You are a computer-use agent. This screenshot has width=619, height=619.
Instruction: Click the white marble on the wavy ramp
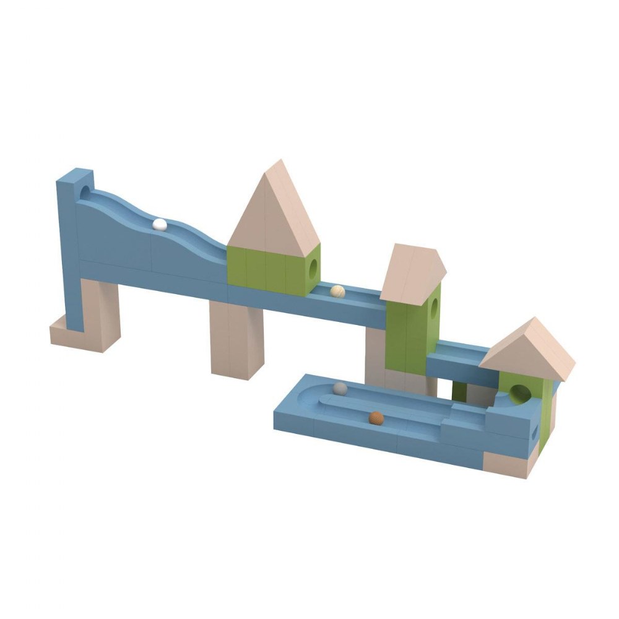tap(160, 225)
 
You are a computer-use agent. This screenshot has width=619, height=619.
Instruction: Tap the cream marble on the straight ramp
tap(337, 290)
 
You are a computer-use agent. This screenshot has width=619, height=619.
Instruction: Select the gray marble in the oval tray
tap(340, 388)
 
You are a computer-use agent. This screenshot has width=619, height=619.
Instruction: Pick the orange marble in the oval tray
tap(375, 418)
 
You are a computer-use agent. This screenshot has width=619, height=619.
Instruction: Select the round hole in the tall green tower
tap(435, 305)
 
